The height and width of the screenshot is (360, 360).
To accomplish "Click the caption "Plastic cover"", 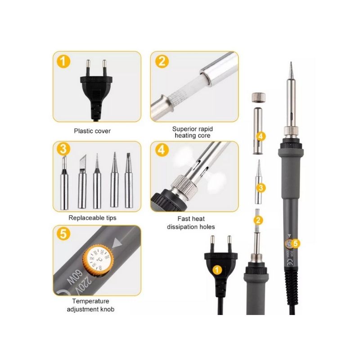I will [x=92, y=131].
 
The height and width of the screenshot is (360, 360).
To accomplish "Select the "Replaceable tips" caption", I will [x=92, y=218].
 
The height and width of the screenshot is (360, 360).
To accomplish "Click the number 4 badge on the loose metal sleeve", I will [x=261, y=135].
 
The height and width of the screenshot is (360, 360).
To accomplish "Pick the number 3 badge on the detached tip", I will [x=260, y=186].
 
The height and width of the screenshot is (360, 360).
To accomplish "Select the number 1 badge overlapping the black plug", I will [x=217, y=270].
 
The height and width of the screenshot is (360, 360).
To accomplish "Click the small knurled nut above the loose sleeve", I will [x=258, y=97].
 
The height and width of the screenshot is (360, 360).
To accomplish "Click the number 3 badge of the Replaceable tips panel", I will [x=64, y=149].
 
